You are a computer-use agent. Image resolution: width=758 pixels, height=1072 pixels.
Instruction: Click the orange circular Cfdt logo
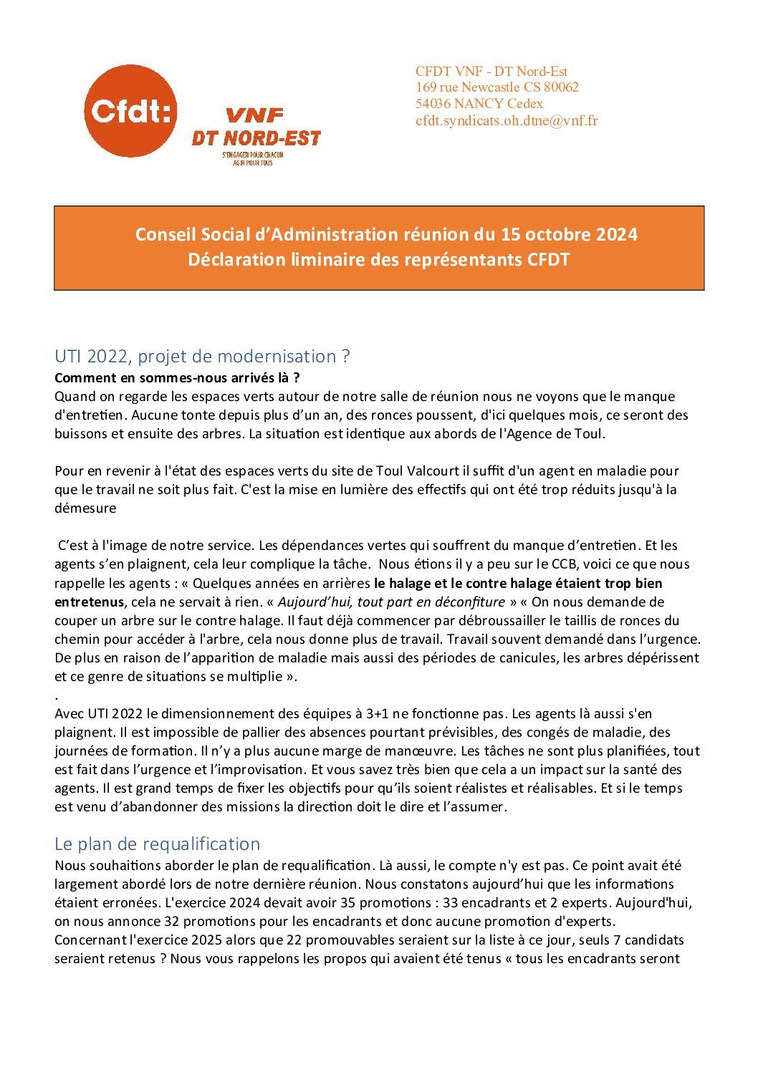(130, 111)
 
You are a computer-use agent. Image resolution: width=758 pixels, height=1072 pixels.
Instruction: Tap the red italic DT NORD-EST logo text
(255, 138)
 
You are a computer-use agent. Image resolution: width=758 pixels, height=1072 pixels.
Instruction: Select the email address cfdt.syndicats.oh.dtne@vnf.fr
(507, 120)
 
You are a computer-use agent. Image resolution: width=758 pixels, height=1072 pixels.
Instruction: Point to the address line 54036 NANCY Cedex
(479, 104)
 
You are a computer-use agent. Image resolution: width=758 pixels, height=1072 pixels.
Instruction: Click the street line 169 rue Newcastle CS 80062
(497, 87)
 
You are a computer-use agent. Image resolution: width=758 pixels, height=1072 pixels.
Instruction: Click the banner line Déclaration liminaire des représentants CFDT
(379, 259)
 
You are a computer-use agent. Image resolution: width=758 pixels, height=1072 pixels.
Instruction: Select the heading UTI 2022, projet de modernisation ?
(202, 356)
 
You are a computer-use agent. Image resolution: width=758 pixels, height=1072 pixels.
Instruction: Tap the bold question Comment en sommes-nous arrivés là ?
(177, 377)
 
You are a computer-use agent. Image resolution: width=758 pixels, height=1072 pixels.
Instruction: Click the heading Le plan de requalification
(157, 844)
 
